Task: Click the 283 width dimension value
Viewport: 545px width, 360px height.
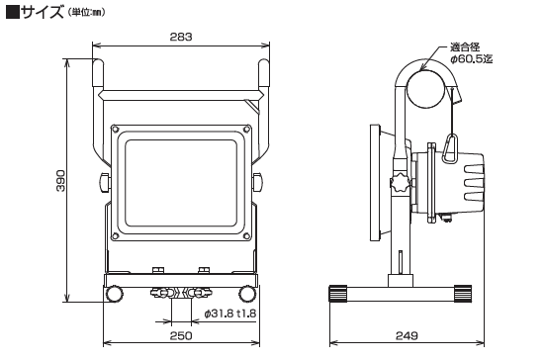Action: point(181,37)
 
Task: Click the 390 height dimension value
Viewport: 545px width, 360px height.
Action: point(60,181)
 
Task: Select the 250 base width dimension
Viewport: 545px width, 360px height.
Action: point(181,335)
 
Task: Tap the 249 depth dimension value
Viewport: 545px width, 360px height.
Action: point(407,335)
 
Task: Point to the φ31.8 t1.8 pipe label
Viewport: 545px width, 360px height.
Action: point(230,314)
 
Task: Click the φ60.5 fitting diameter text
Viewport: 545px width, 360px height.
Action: point(472,59)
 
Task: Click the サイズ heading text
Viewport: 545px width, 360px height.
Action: point(42,12)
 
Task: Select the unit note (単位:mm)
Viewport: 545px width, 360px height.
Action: point(85,13)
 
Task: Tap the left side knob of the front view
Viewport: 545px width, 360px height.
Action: point(104,182)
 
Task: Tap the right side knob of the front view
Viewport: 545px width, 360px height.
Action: point(257,182)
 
